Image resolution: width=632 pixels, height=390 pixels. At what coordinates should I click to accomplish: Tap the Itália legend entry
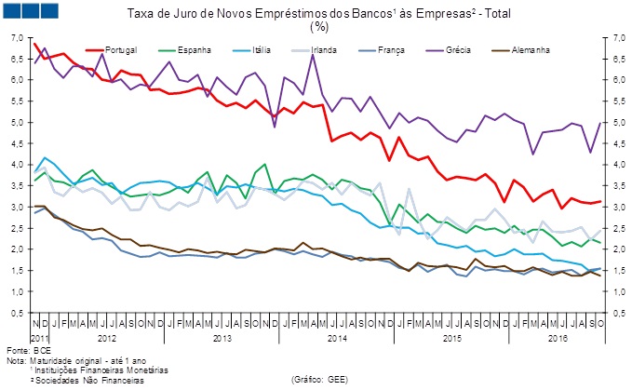click(263, 47)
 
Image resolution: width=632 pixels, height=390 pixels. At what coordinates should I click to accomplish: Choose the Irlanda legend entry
click(326, 47)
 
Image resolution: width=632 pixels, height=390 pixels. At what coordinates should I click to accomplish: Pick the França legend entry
click(392, 47)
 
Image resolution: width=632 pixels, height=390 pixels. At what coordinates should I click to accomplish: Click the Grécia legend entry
click(459, 47)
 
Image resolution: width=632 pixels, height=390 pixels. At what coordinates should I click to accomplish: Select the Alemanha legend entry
click(527, 47)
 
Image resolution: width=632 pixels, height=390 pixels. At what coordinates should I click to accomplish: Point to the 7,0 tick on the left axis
click(15, 37)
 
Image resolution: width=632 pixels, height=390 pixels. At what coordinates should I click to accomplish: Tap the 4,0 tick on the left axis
click(15, 165)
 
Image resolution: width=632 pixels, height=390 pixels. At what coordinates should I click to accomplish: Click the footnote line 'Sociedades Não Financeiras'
click(85, 380)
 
